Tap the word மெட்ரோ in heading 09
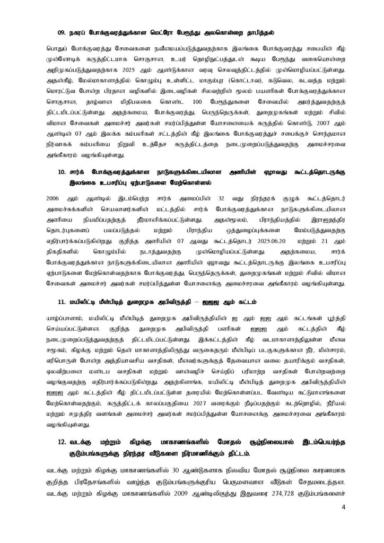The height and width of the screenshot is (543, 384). click(x=159, y=31)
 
